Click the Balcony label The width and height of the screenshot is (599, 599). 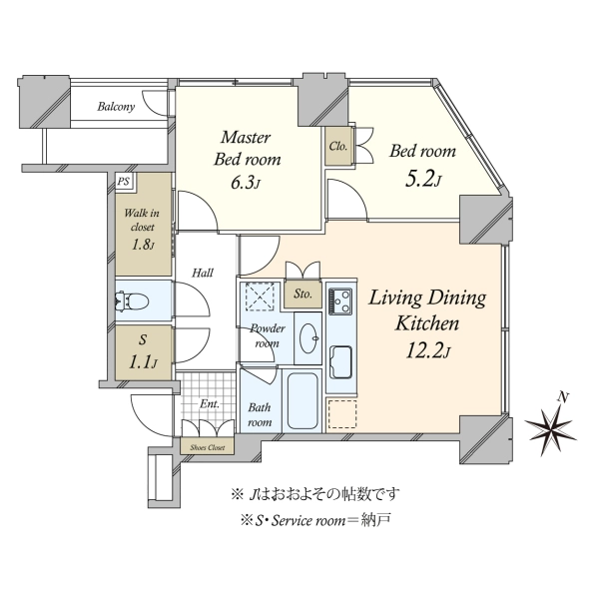117,108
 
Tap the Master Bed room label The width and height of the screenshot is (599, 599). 247,148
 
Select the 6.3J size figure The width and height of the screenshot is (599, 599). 247,183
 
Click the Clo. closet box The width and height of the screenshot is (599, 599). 338,147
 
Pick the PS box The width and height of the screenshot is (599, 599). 123,182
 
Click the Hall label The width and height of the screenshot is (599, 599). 204,271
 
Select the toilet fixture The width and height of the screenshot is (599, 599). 132,299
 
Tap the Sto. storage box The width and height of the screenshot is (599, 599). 301,295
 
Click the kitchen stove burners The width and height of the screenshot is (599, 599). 341,299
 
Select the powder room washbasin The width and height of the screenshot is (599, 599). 307,337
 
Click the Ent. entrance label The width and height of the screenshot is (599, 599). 209,404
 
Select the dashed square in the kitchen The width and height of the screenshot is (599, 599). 342,414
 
